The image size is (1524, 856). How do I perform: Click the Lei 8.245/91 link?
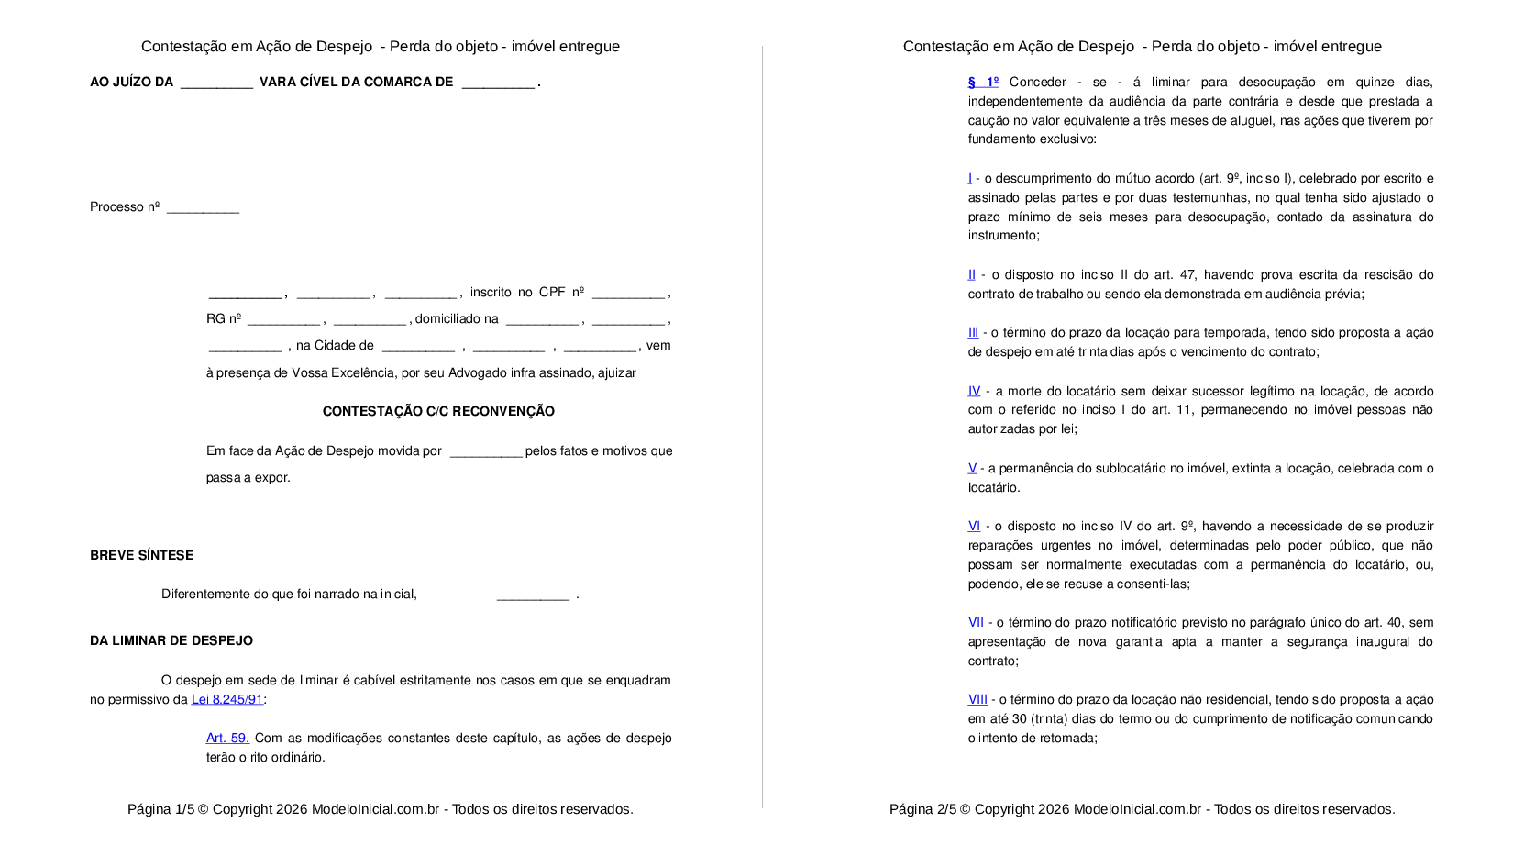pyautogui.click(x=226, y=699)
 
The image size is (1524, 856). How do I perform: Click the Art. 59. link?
pyautogui.click(x=227, y=738)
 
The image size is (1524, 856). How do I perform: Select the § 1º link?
pyautogui.click(x=983, y=82)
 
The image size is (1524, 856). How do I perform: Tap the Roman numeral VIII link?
pyautogui.click(x=977, y=699)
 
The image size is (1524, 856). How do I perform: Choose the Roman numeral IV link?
pyautogui.click(x=974, y=391)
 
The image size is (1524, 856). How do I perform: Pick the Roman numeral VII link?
pyautogui.click(x=976, y=622)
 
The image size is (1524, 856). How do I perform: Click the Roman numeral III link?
pyautogui.click(x=973, y=332)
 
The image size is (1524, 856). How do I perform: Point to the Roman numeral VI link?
pyautogui.click(x=974, y=526)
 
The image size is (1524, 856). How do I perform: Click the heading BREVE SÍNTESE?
pyautogui.click(x=141, y=555)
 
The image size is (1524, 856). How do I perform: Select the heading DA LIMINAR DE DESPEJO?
pyautogui.click(x=171, y=640)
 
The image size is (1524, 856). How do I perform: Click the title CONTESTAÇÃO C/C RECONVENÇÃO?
pyautogui.click(x=438, y=411)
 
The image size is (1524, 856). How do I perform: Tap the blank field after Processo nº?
pyautogui.click(x=203, y=208)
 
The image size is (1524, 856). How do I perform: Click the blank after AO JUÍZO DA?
pyautogui.click(x=216, y=83)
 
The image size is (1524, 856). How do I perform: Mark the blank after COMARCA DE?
pyautogui.click(x=498, y=83)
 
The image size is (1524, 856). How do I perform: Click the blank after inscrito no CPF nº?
pyautogui.click(x=628, y=294)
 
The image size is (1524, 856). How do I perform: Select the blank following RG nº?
pyautogui.click(x=283, y=320)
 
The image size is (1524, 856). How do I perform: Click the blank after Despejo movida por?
pyautogui.click(x=486, y=452)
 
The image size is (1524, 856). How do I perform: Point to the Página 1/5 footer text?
pyautogui.click(x=380, y=809)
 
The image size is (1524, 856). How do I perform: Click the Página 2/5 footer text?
pyautogui.click(x=1142, y=809)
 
